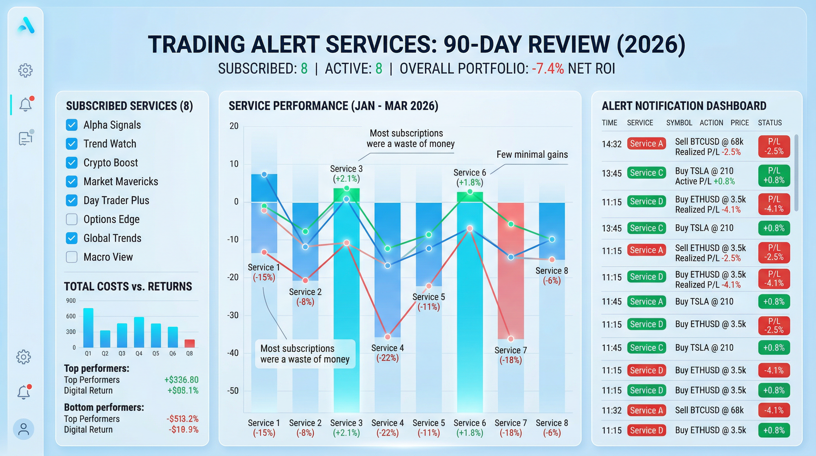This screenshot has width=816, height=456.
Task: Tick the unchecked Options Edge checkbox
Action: [x=71, y=219]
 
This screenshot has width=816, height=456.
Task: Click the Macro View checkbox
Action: [x=71, y=257]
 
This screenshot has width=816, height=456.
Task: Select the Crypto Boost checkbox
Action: [x=71, y=163]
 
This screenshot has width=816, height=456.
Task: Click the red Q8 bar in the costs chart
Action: [x=189, y=343]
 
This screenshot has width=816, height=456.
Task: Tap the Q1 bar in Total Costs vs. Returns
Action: [x=88, y=327]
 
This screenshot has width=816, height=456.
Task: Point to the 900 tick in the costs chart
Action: [x=71, y=301]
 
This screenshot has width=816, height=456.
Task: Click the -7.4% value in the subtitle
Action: [x=548, y=69]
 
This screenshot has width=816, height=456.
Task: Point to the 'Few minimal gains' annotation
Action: [x=532, y=154]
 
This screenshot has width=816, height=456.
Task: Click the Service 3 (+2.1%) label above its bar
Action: [x=346, y=173]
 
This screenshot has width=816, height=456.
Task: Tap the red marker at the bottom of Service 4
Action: [x=388, y=336]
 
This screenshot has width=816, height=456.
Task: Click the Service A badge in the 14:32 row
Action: [x=646, y=144]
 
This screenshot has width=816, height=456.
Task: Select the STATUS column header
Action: [x=769, y=123]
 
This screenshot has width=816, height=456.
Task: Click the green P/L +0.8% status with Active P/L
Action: [x=774, y=175]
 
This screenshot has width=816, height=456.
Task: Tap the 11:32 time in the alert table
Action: [x=611, y=410]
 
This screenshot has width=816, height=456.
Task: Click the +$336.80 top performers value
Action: [x=181, y=380]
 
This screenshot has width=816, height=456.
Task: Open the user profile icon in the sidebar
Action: [x=23, y=429]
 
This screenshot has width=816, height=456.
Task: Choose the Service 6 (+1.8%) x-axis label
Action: [x=469, y=427]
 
